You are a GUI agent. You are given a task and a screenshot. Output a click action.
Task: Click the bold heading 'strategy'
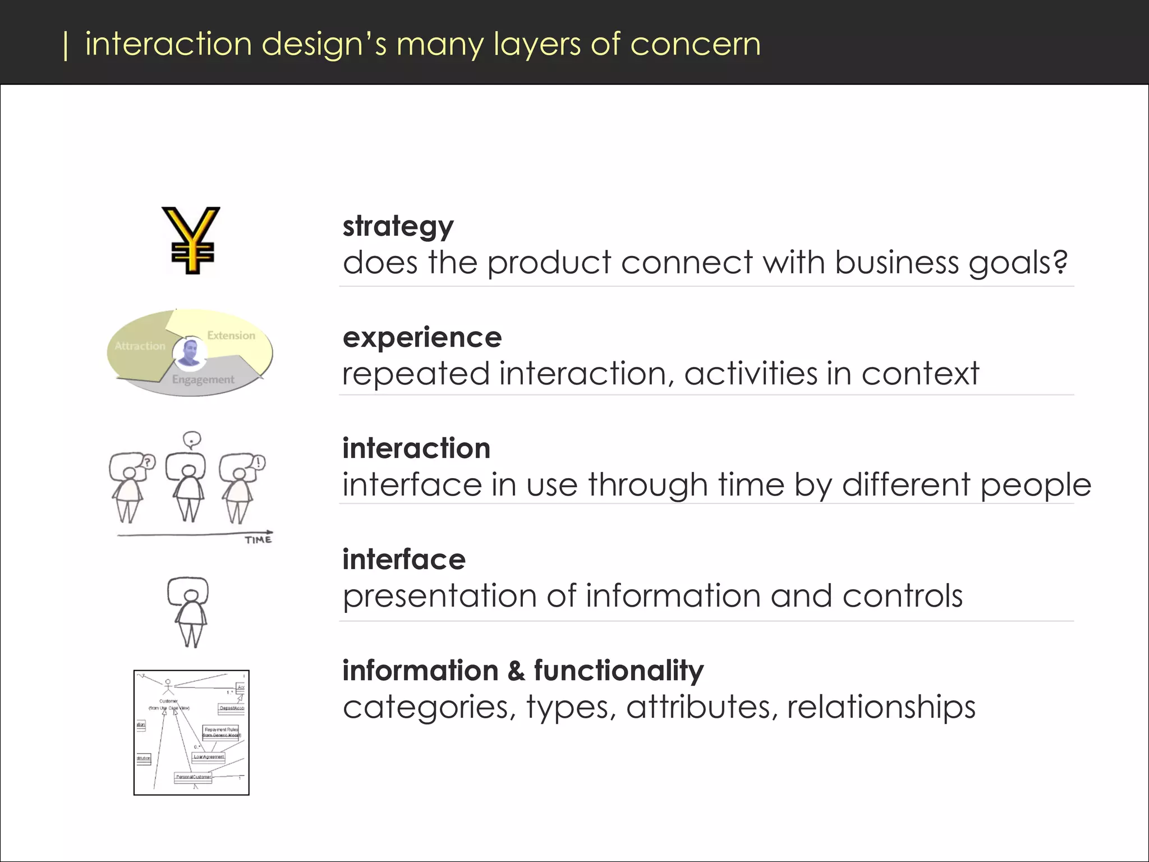(398, 227)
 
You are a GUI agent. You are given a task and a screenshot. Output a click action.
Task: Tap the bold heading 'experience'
(422, 337)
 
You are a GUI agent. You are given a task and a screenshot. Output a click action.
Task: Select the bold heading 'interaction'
(416, 448)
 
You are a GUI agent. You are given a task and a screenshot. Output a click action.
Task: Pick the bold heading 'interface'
(404, 560)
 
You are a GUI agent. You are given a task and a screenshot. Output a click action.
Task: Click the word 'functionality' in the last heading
(618, 671)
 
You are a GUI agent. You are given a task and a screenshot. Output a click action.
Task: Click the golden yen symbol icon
(191, 240)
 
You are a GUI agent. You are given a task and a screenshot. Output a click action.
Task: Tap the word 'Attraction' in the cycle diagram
(140, 346)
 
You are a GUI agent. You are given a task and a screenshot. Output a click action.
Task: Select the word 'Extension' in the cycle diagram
(231, 336)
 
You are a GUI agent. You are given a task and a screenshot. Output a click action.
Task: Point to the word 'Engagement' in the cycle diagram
(203, 380)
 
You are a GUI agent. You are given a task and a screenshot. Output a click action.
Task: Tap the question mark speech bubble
(148, 462)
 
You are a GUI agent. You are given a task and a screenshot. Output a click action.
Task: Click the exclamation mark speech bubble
(259, 462)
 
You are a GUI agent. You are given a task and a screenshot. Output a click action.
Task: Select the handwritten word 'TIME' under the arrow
(258, 540)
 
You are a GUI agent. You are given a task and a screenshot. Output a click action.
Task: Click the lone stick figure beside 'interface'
(189, 612)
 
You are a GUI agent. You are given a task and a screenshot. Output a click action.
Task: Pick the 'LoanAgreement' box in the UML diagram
(209, 757)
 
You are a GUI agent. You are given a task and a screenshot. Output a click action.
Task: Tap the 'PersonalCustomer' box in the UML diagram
(193, 777)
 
